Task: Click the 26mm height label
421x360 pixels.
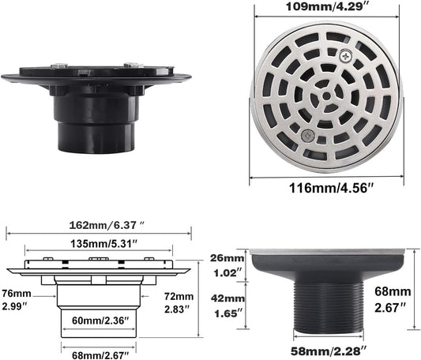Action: [x=227, y=258]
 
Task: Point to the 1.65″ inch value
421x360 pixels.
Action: [x=227, y=313]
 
